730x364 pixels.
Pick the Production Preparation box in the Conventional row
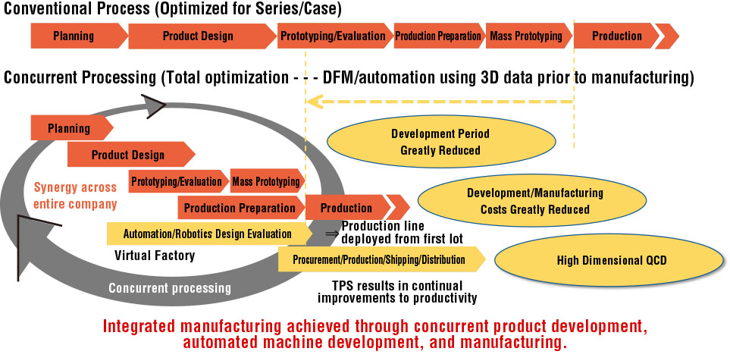coord(439,36)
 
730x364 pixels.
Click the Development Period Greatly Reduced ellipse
coord(441,142)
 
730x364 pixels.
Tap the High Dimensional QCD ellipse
coord(611,260)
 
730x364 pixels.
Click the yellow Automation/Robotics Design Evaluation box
coord(209,234)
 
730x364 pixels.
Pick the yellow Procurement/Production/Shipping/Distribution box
coord(381,259)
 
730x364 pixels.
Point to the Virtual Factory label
coord(155,255)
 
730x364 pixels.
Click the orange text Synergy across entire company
coord(75,196)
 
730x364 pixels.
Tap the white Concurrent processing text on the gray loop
coord(170,288)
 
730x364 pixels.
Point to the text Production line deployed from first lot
coord(403,232)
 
